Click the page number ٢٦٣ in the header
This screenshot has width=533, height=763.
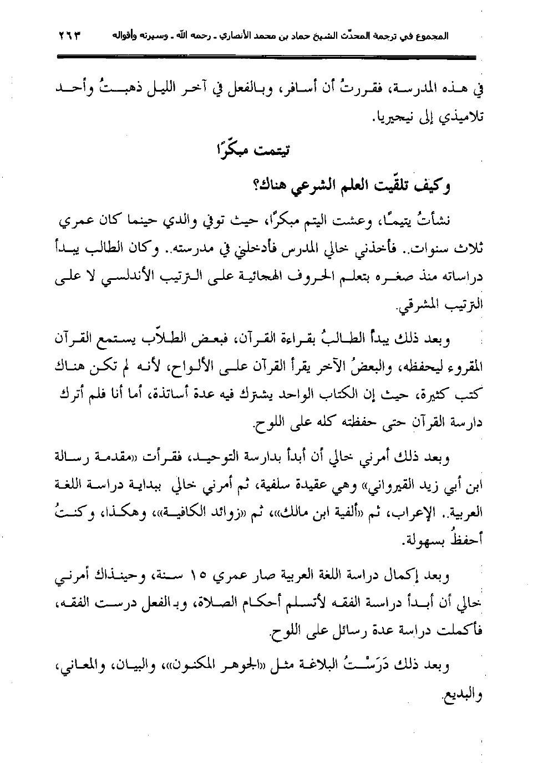69,37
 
